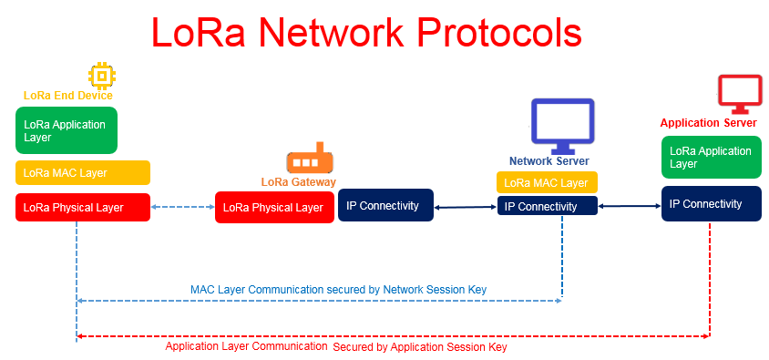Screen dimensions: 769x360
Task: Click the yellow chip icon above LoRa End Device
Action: (x=102, y=76)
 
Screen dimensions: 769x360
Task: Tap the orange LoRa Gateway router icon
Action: (x=310, y=159)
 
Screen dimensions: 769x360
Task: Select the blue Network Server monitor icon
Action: (x=562, y=126)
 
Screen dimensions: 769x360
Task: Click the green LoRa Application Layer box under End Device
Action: (x=67, y=130)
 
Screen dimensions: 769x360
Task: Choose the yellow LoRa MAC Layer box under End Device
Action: (x=82, y=172)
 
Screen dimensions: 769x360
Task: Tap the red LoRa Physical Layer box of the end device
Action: (x=82, y=208)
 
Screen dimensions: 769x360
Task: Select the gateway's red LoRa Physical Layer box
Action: (x=274, y=208)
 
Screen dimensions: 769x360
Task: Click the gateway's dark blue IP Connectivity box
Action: (x=386, y=205)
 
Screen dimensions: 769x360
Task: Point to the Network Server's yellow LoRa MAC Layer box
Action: (x=547, y=182)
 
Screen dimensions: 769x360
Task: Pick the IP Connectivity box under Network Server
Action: (x=548, y=206)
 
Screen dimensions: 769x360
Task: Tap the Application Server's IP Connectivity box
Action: (x=711, y=203)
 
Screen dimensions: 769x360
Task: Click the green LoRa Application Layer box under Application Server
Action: (x=711, y=157)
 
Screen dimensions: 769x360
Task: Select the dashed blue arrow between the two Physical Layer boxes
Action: (x=182, y=207)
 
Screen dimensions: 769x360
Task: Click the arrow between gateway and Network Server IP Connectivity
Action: (x=466, y=208)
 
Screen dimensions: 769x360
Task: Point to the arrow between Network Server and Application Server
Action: (x=630, y=207)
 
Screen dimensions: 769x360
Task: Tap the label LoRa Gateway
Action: (x=299, y=182)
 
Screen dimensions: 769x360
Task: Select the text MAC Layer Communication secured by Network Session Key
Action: (x=338, y=290)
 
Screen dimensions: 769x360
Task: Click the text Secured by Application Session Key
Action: (x=420, y=348)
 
